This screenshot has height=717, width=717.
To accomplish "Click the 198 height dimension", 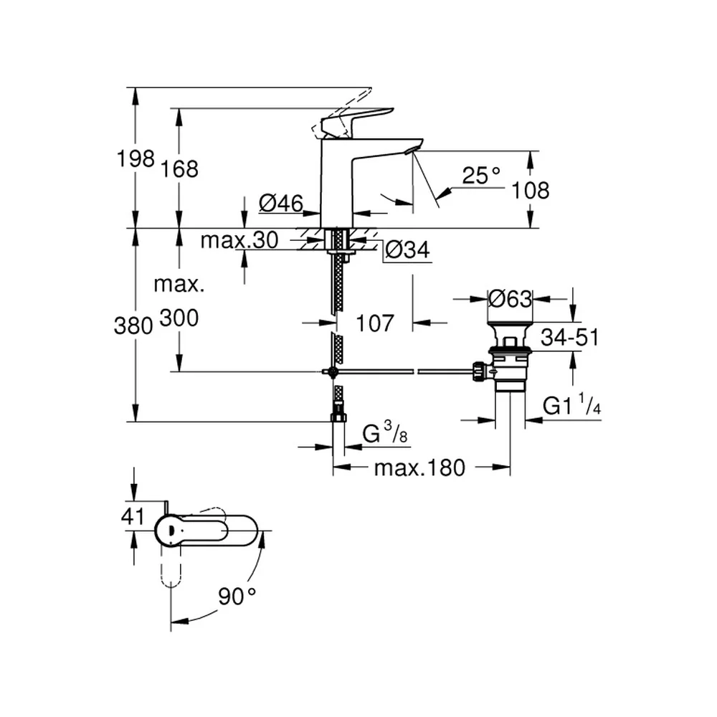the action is coord(136,158).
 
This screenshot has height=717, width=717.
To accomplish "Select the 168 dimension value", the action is coord(180,169).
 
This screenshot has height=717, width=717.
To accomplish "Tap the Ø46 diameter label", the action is coord(281,203).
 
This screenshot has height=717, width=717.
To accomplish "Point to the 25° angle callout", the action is coord(481,175).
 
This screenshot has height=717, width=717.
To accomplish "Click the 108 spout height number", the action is coord(530,190).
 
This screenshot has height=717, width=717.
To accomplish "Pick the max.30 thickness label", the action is coord(239,240).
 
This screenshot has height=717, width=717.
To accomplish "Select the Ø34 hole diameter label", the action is coord(407,250).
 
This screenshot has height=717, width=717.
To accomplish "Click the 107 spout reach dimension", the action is coord(374,323).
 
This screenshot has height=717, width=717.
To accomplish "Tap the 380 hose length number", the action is coord(133,326).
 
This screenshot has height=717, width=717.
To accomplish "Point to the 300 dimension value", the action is coord(179,318).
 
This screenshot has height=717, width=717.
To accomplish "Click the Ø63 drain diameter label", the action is coord(510,299).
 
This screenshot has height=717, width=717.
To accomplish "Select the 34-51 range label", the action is coord(569,338).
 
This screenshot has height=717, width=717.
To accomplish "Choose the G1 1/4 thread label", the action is coord(571,404).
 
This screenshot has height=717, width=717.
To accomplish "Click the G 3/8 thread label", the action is coord(384,432).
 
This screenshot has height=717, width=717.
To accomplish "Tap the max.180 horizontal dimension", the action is coord(419,467).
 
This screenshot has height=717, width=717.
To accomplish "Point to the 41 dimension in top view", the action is coord(133,516).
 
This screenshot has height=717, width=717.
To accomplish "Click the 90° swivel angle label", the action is coord(237,597).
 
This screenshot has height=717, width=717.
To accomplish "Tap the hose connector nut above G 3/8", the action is coord(338,417).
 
